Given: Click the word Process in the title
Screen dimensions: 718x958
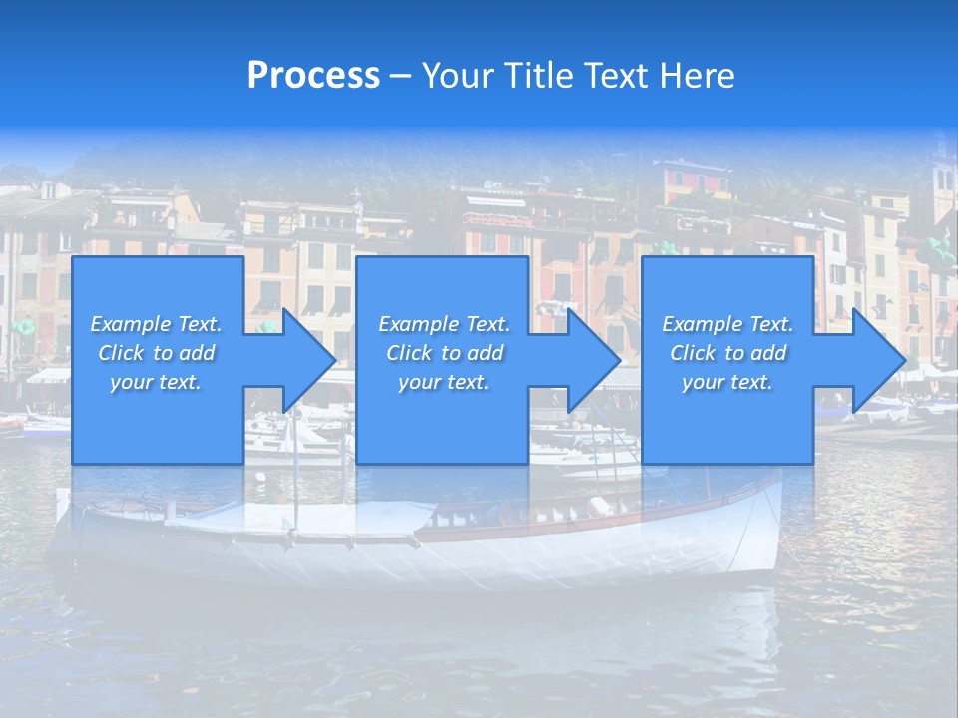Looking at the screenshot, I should tap(313, 76).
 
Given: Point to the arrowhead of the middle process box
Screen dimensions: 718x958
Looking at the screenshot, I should tap(593, 360).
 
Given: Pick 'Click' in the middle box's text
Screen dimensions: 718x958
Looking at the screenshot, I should tap(409, 353).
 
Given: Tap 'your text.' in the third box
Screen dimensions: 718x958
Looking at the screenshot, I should tap(726, 382).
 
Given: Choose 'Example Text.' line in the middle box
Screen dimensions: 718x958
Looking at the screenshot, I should tap(443, 324).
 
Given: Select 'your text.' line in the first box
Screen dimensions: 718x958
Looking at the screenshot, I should tap(156, 382).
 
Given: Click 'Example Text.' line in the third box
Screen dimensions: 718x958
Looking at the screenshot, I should tap(726, 324).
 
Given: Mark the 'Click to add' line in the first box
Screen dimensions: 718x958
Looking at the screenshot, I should tap(156, 353).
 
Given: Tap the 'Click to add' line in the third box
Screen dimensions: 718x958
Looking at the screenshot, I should tap(726, 353).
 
